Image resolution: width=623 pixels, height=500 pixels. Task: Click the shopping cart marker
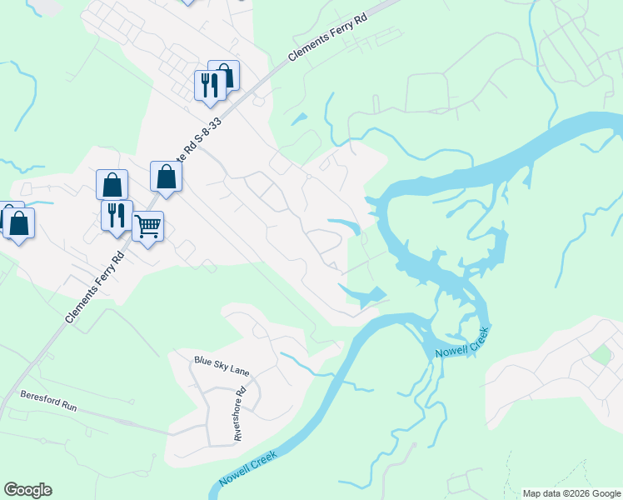[147, 226]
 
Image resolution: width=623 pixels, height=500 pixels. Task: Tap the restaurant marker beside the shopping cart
[117, 214]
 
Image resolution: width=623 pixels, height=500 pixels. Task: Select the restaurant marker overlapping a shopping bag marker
[208, 84]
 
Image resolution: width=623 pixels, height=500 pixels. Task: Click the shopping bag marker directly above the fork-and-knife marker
[112, 184]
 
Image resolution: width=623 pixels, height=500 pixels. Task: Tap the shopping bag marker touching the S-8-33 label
[167, 176]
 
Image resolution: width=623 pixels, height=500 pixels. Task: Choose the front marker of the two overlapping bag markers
[19, 223]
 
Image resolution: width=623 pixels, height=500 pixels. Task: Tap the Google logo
[27, 490]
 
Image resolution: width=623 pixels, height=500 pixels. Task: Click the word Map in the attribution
[531, 493]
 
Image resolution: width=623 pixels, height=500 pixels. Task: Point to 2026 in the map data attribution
[571, 493]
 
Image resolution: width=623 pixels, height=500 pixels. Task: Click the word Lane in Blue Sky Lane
[238, 367]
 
